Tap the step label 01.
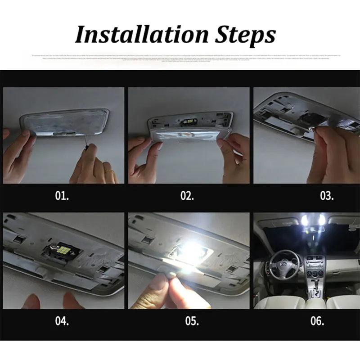pyautogui.click(x=62, y=196)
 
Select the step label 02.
pyautogui.click(x=187, y=196)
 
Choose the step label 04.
pyautogui.click(x=62, y=321)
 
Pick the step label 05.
pyautogui.click(x=191, y=321)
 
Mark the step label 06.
pyautogui.click(x=316, y=321)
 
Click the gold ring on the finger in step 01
pyautogui.click(x=108, y=171)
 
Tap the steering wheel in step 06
pyautogui.click(x=284, y=265)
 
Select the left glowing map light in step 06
pyautogui.click(x=305, y=220)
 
